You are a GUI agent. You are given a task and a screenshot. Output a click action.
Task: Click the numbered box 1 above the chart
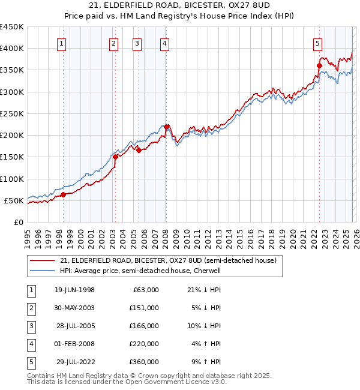pyautogui.click(x=63, y=43)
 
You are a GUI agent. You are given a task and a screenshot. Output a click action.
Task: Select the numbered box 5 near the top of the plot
pyautogui.click(x=317, y=43)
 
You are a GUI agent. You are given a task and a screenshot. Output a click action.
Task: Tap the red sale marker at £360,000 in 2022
pyautogui.click(x=320, y=65)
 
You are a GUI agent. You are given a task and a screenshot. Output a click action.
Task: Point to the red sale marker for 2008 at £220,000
pyautogui.click(x=166, y=127)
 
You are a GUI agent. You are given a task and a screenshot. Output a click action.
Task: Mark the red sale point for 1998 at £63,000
pyautogui.click(x=64, y=194)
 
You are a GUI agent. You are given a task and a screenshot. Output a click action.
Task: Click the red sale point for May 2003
pyautogui.click(x=115, y=157)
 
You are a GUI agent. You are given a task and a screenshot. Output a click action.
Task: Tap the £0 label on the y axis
pyautogui.click(x=17, y=222)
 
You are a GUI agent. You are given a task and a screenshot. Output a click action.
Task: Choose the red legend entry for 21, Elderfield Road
pyautogui.click(x=168, y=260)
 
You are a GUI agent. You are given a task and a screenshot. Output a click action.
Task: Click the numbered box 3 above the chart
pyautogui.click(x=137, y=43)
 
